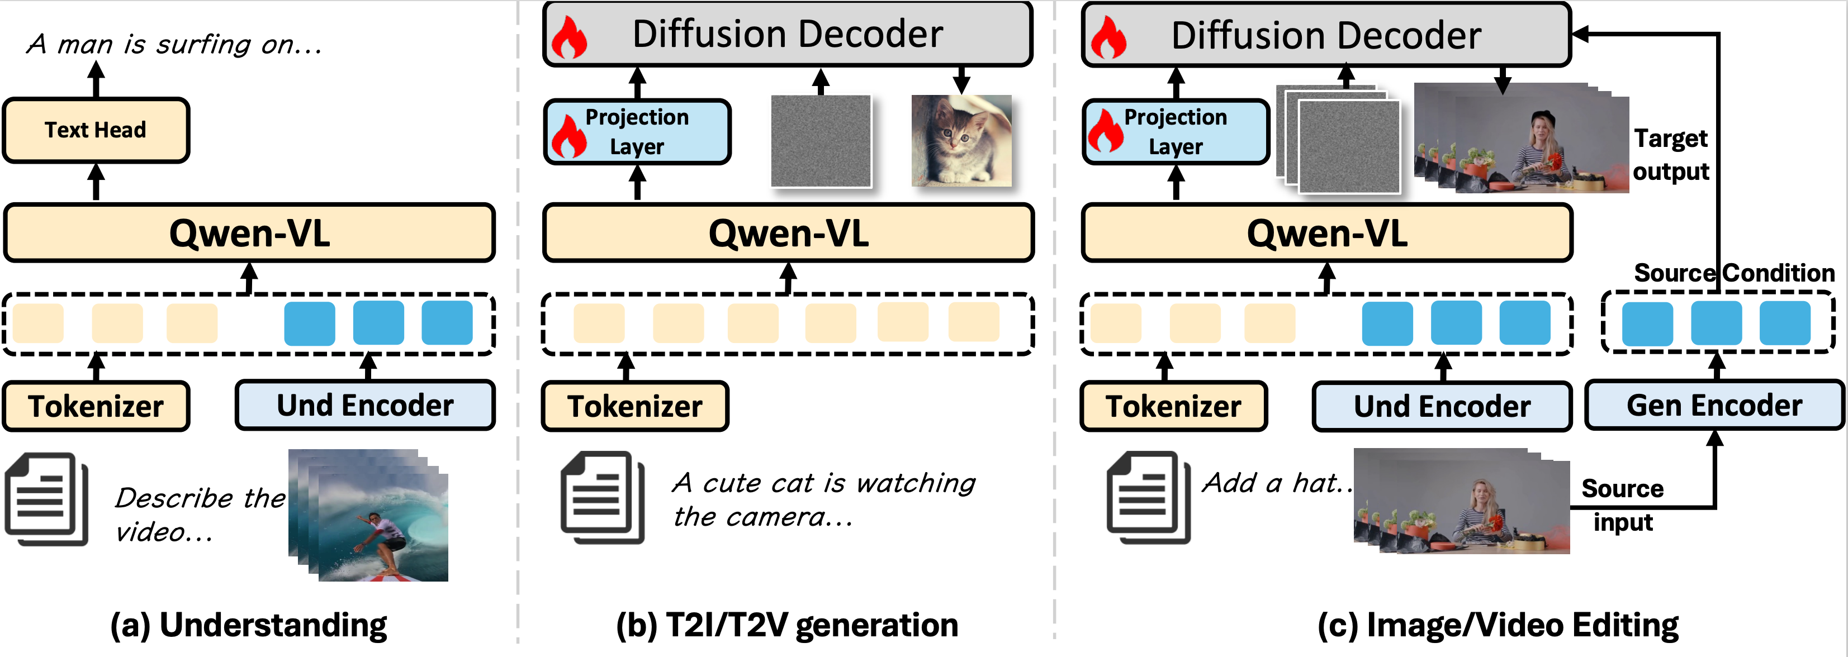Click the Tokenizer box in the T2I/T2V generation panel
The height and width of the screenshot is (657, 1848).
[x=635, y=407]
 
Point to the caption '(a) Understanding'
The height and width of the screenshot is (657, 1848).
[x=248, y=625]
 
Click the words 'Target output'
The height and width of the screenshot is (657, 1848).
[x=1671, y=155]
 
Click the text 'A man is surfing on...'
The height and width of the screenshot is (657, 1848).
[x=174, y=45]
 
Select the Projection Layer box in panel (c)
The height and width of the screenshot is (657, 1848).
[x=1175, y=132]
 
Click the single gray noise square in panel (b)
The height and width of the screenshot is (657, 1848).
[x=821, y=141]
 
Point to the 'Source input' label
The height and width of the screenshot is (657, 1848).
[x=1622, y=505]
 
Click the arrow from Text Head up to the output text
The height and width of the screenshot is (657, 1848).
[x=96, y=80]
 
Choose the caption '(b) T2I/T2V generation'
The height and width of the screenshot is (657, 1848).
[x=787, y=625]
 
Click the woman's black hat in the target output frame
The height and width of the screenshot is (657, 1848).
[x=1542, y=116]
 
